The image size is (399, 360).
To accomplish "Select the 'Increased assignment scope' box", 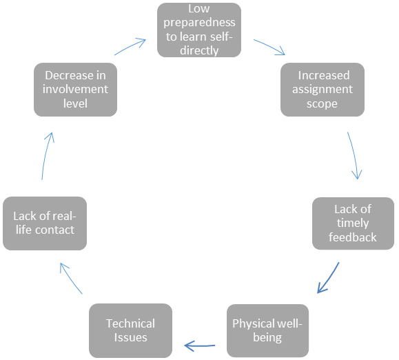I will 323,90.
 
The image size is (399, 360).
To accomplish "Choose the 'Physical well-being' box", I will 267,330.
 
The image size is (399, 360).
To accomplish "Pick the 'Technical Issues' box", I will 130,330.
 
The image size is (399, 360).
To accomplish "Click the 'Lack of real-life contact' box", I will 43,223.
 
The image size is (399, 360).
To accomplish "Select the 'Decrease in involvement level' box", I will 75,90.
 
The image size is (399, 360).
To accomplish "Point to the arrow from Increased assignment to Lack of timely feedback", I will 354,155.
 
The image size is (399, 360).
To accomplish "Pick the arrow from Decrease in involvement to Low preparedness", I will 130,47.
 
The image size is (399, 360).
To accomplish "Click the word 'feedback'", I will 352,237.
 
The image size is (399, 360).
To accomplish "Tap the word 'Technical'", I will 130,323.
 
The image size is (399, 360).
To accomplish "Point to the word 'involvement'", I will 76,90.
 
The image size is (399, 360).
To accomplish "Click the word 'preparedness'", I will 198,23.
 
